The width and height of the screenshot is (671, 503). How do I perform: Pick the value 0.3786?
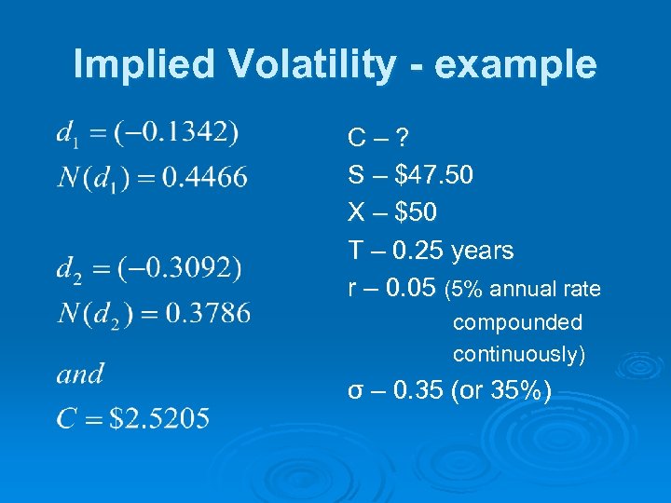pos(207,313)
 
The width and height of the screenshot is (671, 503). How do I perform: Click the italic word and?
pos(80,374)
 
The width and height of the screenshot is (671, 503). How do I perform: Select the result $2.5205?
pos(159,418)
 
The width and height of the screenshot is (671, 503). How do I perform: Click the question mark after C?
pos(401,139)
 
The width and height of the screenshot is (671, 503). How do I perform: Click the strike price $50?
pos(416,213)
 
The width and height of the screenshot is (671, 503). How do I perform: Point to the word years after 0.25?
pos(482,251)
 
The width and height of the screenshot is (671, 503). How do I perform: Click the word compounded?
pos(517,322)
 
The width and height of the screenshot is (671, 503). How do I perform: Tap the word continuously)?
pos(519,355)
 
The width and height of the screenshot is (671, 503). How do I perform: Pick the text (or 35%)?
pos(500,390)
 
